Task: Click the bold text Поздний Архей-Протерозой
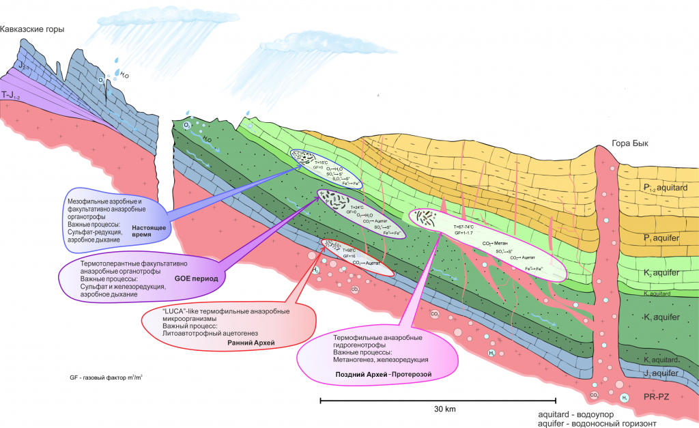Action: [385, 374]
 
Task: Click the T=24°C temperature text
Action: [359, 206]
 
